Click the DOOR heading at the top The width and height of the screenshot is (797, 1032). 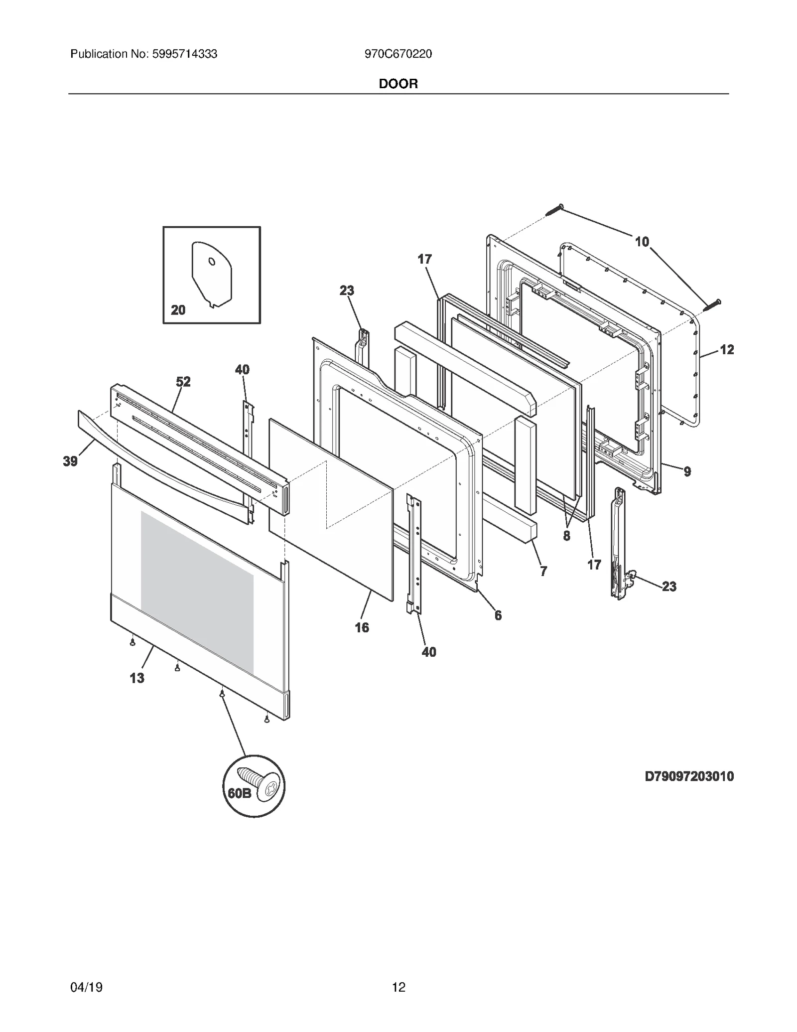(x=398, y=84)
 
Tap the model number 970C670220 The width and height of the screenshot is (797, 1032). (x=398, y=54)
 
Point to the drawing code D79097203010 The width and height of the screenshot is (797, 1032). (x=689, y=776)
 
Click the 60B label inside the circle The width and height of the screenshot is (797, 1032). (x=240, y=794)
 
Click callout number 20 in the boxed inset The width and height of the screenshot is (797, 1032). (x=178, y=310)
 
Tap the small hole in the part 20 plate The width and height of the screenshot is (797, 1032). (x=212, y=262)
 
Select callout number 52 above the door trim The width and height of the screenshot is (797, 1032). (x=183, y=382)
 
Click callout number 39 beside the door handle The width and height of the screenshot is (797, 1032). (x=70, y=461)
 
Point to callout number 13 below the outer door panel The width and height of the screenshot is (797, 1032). (x=137, y=678)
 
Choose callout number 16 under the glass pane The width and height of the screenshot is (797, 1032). (x=362, y=627)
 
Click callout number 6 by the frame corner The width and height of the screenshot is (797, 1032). (x=498, y=615)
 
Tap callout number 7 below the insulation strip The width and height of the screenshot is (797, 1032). (x=543, y=571)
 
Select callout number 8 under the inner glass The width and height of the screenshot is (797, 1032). (x=567, y=536)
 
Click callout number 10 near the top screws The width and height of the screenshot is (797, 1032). (x=642, y=242)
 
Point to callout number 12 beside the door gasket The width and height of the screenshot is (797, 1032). (x=727, y=350)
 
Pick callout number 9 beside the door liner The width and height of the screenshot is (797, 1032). (x=687, y=471)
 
